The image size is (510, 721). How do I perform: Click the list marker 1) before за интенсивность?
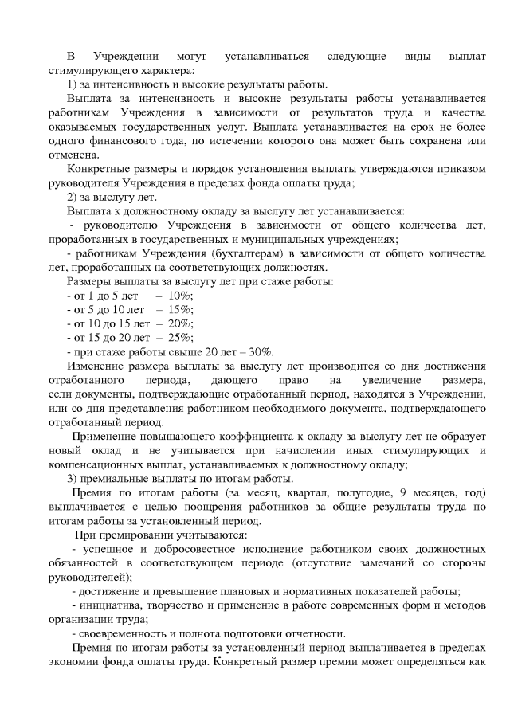tap(73, 84)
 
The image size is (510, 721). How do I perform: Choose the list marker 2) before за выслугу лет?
tap(73, 197)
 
